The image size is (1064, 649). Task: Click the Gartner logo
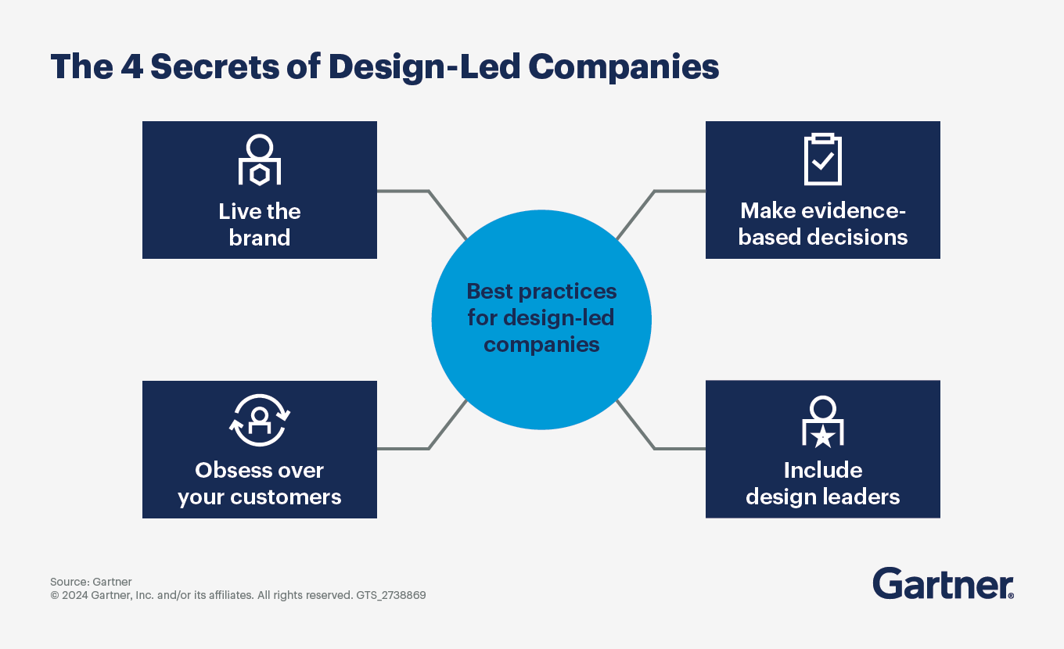point(943,583)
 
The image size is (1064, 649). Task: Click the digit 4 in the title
point(131,66)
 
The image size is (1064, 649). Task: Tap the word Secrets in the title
point(215,66)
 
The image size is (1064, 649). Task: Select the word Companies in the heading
point(624,68)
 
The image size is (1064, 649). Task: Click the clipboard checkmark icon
point(823,159)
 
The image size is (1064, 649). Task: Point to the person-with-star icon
point(823,421)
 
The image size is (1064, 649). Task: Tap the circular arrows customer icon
point(260,420)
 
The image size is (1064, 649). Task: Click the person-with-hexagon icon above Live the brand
point(260,160)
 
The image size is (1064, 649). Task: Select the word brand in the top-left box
point(260,238)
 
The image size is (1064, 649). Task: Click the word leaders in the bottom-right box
point(861,497)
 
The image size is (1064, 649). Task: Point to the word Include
point(823,471)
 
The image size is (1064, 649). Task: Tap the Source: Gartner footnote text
point(91,582)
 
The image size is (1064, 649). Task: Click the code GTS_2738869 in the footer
point(391,595)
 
